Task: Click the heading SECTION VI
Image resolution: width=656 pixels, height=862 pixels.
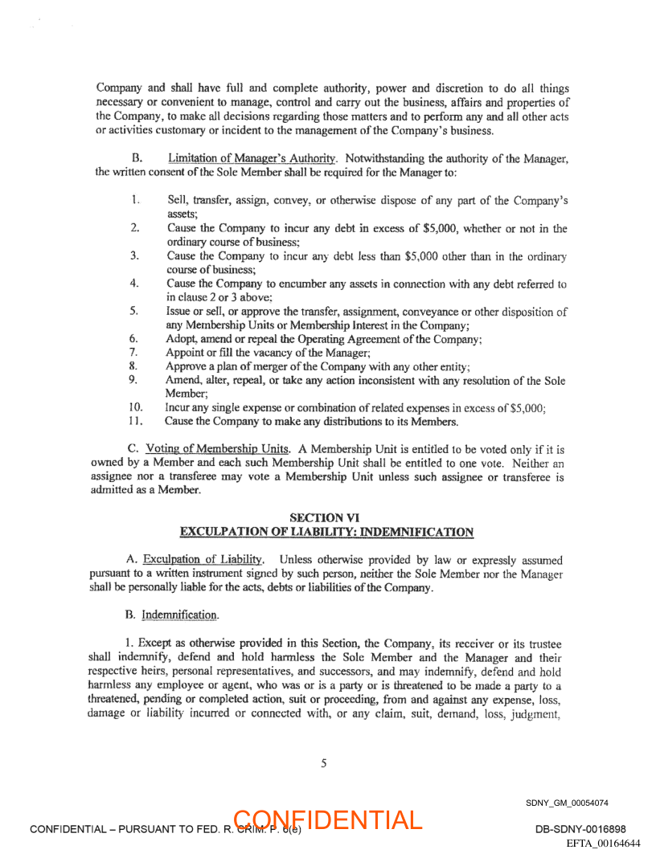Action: click(x=327, y=518)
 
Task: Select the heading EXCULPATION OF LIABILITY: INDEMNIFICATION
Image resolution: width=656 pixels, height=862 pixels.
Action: click(x=327, y=532)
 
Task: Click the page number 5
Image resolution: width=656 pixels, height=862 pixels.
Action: click(x=324, y=764)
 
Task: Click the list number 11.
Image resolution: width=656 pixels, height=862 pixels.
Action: click(x=136, y=421)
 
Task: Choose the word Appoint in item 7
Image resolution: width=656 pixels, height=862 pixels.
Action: click(x=185, y=353)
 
